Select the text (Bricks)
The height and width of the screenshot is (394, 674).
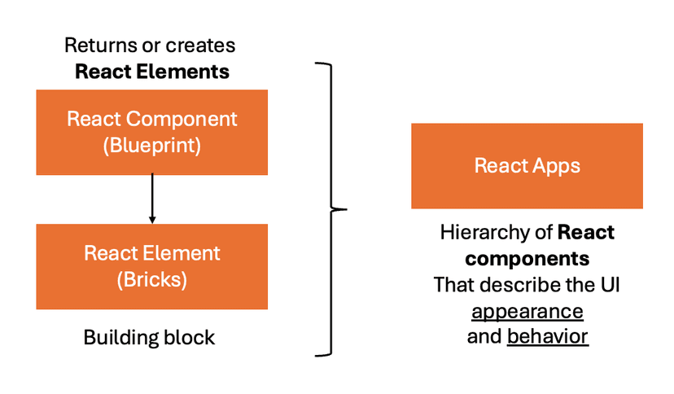pyautogui.click(x=151, y=280)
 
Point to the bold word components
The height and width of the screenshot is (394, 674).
pyautogui.click(x=527, y=259)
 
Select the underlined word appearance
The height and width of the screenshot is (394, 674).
pyautogui.click(x=527, y=311)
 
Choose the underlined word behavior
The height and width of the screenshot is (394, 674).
pyautogui.click(x=547, y=337)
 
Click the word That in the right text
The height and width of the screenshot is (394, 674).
pyautogui.click(x=453, y=285)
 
